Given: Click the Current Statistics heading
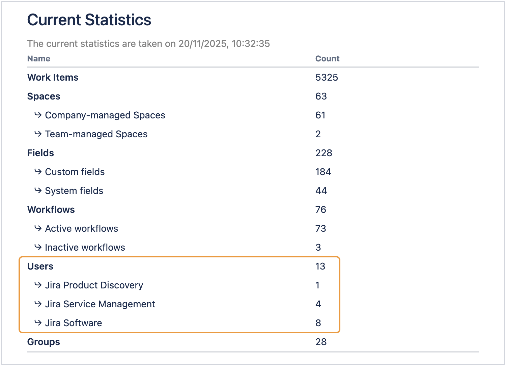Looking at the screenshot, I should pyautogui.click(x=89, y=20).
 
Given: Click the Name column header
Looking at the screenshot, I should pyautogui.click(x=39, y=59).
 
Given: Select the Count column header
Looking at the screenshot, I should pyautogui.click(x=327, y=59).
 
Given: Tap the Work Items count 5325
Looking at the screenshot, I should pyautogui.click(x=327, y=78).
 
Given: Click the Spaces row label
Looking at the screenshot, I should pyautogui.click(x=44, y=96).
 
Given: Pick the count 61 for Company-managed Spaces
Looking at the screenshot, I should pyautogui.click(x=320, y=115).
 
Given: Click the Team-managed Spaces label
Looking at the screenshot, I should pyautogui.click(x=96, y=134).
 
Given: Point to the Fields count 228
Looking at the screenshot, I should pyautogui.click(x=324, y=153).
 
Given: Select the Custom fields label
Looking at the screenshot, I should pyautogui.click(x=75, y=172).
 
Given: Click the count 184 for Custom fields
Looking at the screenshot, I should pyautogui.click(x=323, y=172).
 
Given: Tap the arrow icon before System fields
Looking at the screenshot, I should pyautogui.click(x=38, y=191).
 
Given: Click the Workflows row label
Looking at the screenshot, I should pyautogui.click(x=51, y=210).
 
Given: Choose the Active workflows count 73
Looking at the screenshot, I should pyautogui.click(x=321, y=229).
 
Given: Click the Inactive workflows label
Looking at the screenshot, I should pyautogui.click(x=85, y=248).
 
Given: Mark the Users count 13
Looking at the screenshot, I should pyautogui.click(x=320, y=266).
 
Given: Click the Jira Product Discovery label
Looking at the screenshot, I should pyautogui.click(x=94, y=285).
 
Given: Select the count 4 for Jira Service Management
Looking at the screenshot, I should pyautogui.click(x=318, y=304).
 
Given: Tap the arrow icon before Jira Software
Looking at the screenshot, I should pyautogui.click(x=38, y=323).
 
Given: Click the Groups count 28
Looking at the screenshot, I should pyautogui.click(x=321, y=342).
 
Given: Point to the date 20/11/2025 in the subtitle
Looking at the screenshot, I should pyautogui.click(x=202, y=44).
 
